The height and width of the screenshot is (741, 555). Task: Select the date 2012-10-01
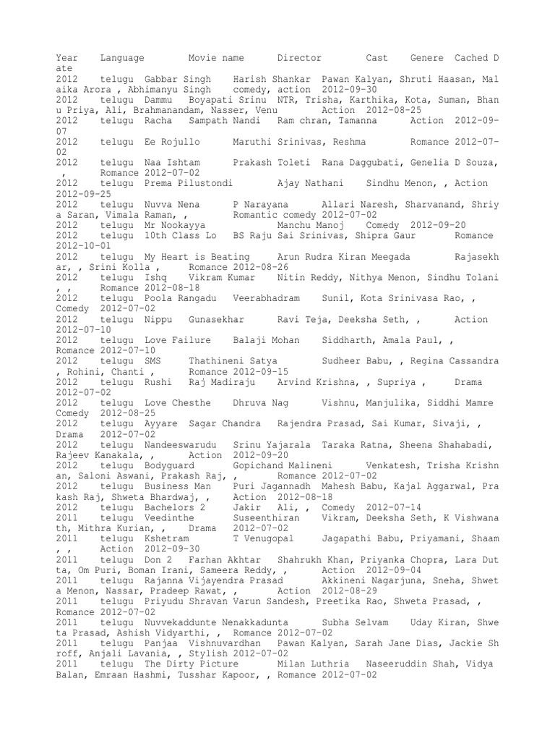[82, 246]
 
